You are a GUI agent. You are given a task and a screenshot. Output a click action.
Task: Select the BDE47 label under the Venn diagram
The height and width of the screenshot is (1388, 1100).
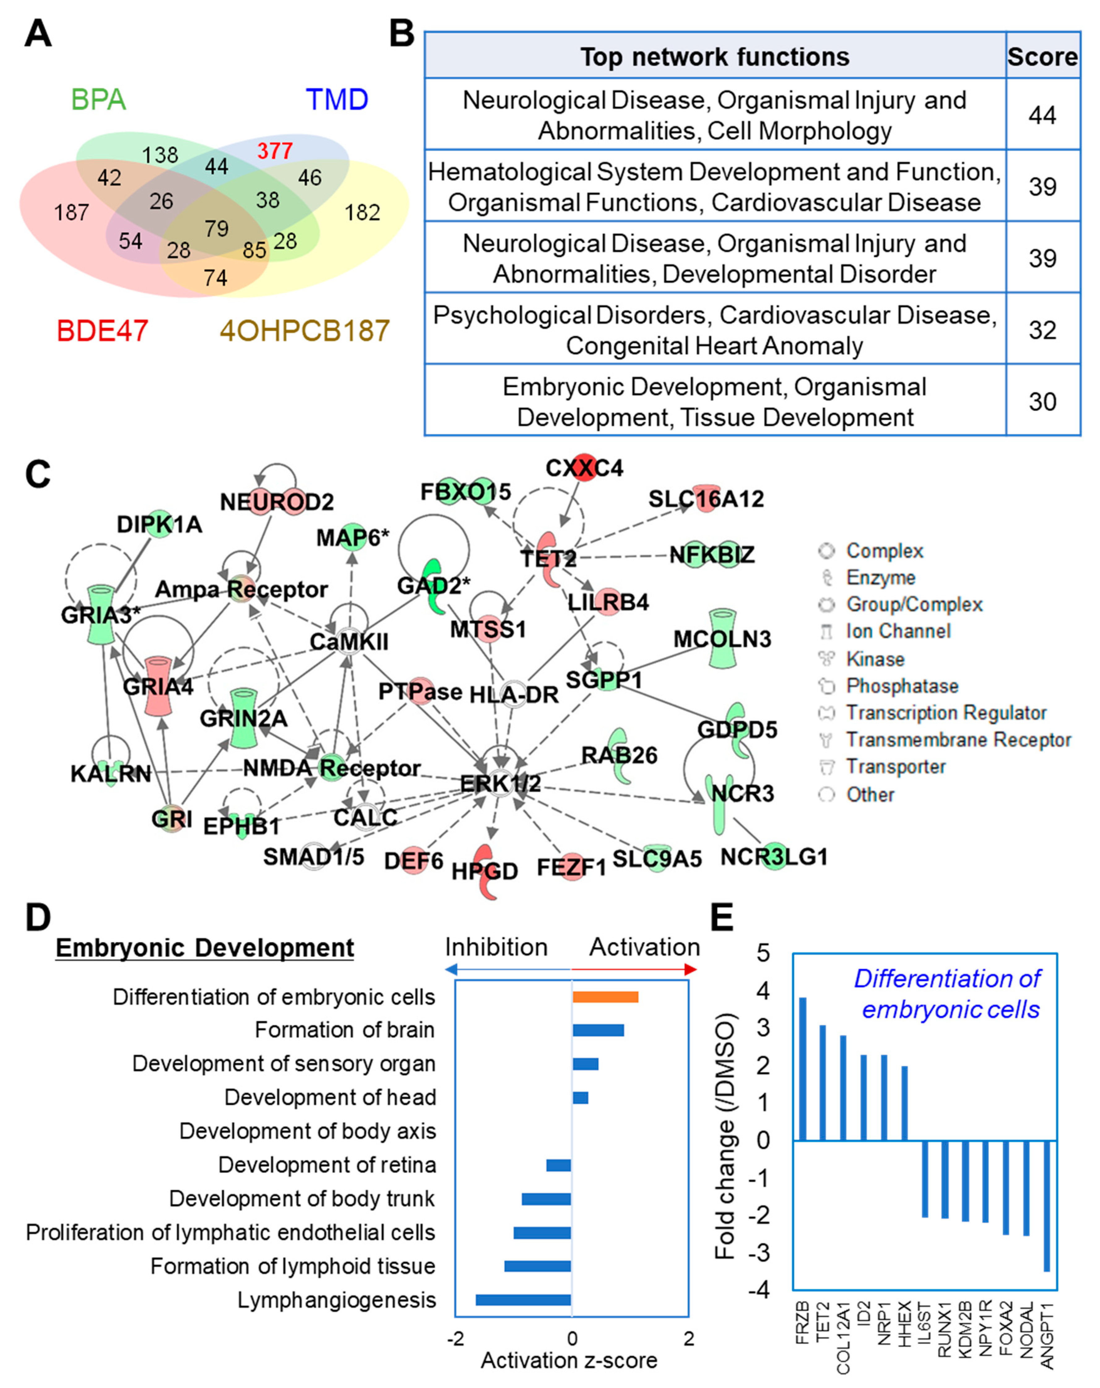point(102,331)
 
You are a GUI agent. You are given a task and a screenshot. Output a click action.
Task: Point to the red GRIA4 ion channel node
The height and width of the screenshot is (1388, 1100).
point(158,686)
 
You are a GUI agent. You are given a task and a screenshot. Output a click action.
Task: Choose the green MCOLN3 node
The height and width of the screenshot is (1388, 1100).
point(722,639)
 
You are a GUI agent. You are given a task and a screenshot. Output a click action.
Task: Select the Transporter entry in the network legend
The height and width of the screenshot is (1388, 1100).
point(895,767)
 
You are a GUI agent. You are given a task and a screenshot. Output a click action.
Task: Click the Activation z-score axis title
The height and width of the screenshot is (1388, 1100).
point(569,1360)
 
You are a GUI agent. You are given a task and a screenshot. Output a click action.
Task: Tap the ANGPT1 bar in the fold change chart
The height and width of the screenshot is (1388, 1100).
point(1046,1205)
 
